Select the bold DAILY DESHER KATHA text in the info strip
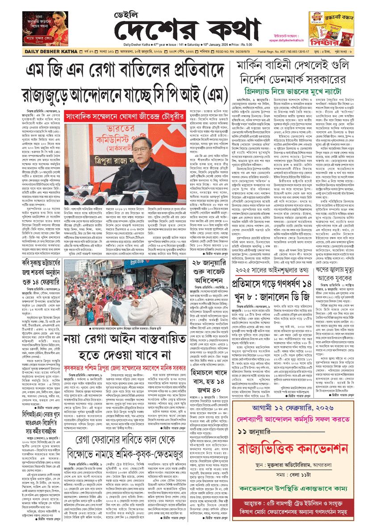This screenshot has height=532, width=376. click(28, 52)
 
